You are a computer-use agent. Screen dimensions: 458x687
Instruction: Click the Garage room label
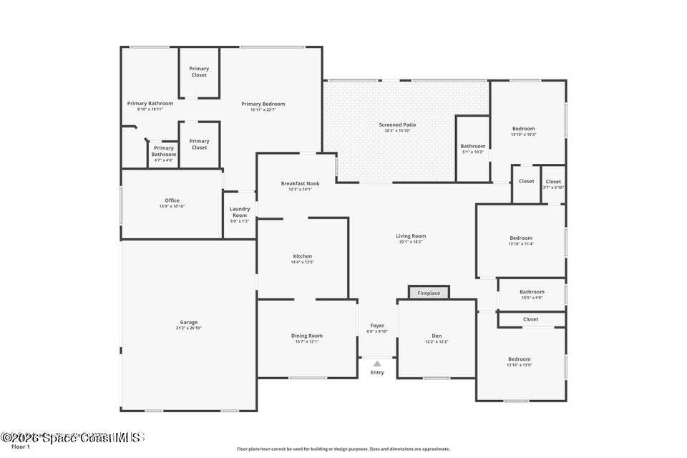pyautogui.click(x=188, y=322)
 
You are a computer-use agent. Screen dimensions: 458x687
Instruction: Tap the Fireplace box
pyautogui.click(x=429, y=293)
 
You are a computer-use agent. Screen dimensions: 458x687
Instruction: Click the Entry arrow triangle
pyautogui.click(x=377, y=364)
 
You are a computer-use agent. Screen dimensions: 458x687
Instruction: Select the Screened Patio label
pyautogui.click(x=397, y=125)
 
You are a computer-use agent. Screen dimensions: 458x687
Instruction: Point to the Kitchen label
pyautogui.click(x=303, y=256)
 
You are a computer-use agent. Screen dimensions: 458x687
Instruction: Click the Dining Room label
pyautogui.click(x=306, y=336)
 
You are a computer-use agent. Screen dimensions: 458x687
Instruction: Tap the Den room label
pyautogui.click(x=437, y=336)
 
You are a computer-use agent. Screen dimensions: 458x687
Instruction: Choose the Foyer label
pyautogui.click(x=377, y=326)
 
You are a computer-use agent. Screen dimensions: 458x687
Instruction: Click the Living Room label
pyautogui.click(x=411, y=236)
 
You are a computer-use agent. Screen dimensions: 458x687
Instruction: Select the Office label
pyautogui.click(x=172, y=200)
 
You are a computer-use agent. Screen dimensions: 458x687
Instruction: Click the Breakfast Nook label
pyautogui.click(x=300, y=183)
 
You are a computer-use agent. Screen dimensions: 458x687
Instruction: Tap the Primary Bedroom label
pyautogui.click(x=263, y=104)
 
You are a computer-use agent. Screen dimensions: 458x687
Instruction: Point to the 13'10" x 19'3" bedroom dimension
pyautogui.click(x=523, y=135)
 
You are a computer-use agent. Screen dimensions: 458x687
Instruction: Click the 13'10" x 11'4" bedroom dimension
pyautogui.click(x=521, y=244)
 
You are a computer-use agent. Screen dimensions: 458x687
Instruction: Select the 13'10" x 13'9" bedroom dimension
pyautogui.click(x=520, y=366)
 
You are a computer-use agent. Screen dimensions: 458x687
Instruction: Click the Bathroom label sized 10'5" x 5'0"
pyautogui.click(x=532, y=292)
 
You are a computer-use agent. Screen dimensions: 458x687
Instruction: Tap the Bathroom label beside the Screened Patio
pyautogui.click(x=472, y=146)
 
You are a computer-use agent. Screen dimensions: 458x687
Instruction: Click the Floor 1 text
pyautogui.click(x=21, y=447)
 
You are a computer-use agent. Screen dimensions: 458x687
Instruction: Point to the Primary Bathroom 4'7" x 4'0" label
pyautogui.click(x=164, y=148)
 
